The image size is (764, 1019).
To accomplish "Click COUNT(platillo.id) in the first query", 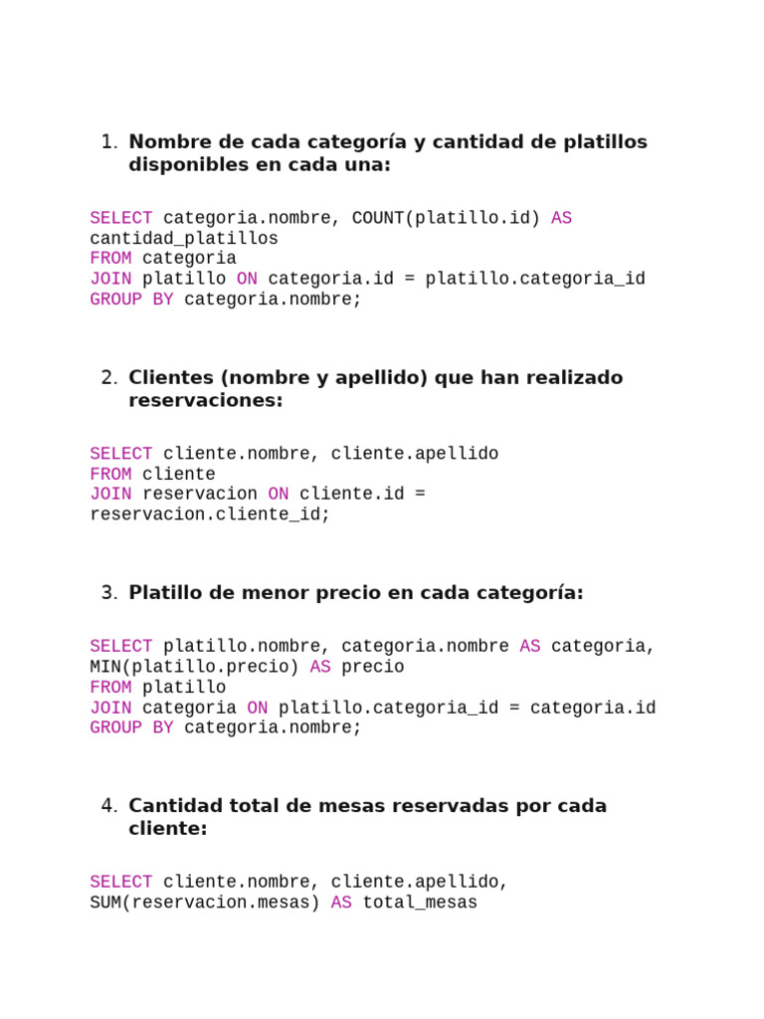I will pyautogui.click(x=446, y=218).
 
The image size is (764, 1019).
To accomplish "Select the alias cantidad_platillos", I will pyautogui.click(x=184, y=239).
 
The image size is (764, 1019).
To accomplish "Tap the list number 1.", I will pyautogui.click(x=109, y=142).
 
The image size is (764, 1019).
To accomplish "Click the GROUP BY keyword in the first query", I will pyautogui.click(x=131, y=300).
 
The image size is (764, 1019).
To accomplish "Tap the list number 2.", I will pyautogui.click(x=109, y=378).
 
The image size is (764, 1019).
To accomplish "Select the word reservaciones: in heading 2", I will pyautogui.click(x=206, y=401).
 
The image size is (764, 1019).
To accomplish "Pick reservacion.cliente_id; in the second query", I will pyautogui.click(x=209, y=514).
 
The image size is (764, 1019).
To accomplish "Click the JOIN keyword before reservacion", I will pyautogui.click(x=110, y=494).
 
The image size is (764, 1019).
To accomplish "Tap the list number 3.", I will pyautogui.click(x=109, y=593).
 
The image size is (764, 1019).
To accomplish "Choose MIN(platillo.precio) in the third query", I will pyautogui.click(x=194, y=667).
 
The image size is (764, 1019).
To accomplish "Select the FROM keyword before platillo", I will pyautogui.click(x=110, y=688).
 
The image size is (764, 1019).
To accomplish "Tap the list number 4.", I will pyautogui.click(x=109, y=806).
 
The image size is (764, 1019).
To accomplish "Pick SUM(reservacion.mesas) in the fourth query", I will pyautogui.click(x=205, y=904).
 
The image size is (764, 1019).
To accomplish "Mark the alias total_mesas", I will pyautogui.click(x=420, y=904).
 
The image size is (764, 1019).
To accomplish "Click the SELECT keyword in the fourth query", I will pyautogui.click(x=120, y=883).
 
